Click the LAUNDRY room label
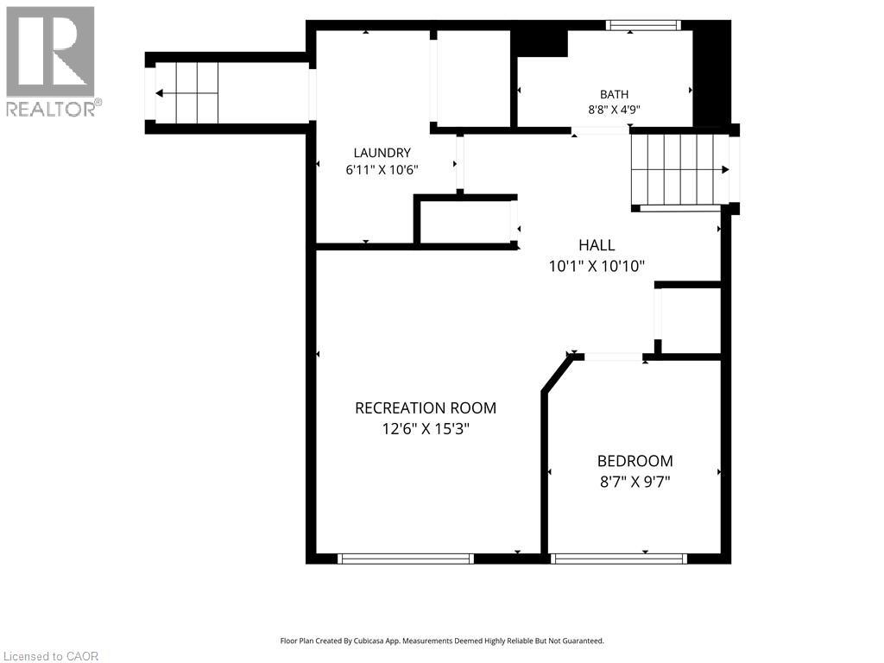382,152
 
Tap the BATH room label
614,94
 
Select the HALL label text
597,244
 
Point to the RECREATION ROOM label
426,407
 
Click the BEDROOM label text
635,461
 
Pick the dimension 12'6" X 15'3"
426,429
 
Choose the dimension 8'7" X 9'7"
635,482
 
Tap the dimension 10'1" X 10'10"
597,266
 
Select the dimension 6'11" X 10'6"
382,170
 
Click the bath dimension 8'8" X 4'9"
614,110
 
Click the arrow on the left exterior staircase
186,93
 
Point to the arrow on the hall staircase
680,170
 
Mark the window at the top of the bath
643,25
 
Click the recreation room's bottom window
406,559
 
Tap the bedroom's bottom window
618,559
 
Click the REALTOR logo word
51,109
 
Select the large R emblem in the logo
50,51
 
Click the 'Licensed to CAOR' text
49,656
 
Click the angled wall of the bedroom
557,372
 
